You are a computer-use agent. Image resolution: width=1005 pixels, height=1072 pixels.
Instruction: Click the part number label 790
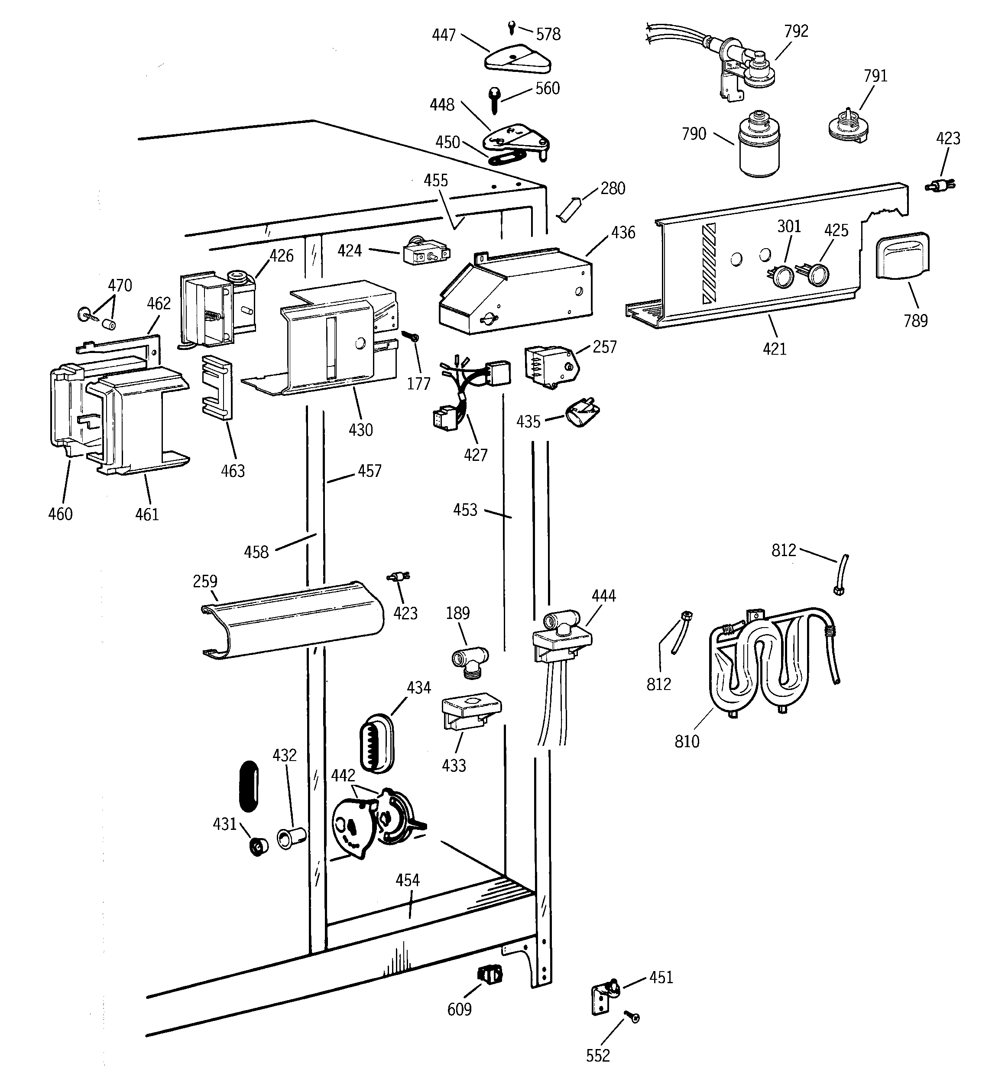(693, 134)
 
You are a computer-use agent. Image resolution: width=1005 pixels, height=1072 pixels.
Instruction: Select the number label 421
(774, 349)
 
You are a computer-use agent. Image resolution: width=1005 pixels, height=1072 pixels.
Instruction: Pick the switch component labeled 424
(426, 253)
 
